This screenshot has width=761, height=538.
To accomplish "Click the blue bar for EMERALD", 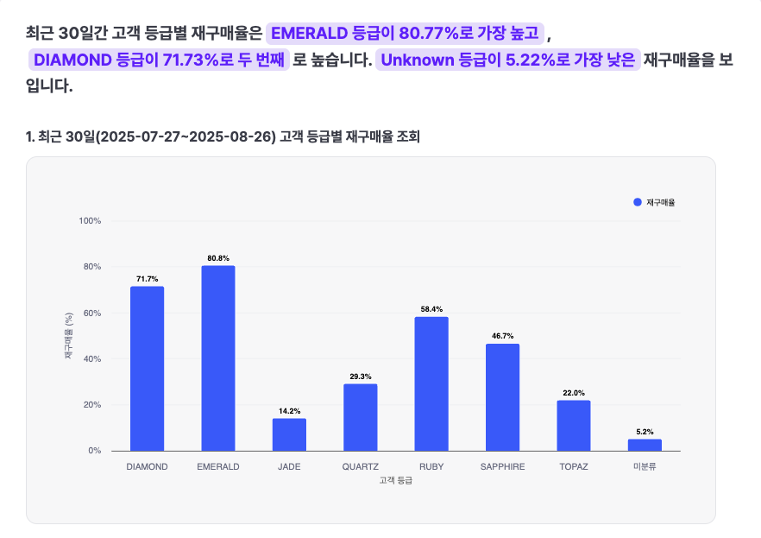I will coord(218,358).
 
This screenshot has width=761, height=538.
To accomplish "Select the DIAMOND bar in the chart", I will coord(147,368).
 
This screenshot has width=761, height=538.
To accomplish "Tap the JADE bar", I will coord(289,434).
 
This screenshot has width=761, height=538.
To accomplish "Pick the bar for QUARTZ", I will coord(360,417).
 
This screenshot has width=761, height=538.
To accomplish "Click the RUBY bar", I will coord(431,383).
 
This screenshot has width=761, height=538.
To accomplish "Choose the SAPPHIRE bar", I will coord(502,397).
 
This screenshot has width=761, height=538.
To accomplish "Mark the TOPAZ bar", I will coord(573,425).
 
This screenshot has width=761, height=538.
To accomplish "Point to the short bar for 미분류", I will coord(645,445).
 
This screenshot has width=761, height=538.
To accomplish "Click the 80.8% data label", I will coord(218,258).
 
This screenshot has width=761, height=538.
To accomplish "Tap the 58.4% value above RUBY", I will coord(431,309).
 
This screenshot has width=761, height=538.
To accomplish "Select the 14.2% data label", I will coord(289,411).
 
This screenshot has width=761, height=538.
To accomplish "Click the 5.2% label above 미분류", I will coord(645,432).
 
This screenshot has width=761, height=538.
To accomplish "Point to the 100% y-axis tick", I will coord(91,221).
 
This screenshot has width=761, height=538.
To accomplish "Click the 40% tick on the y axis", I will coord(93,359).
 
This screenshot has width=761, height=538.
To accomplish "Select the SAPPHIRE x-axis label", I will coord(502,466).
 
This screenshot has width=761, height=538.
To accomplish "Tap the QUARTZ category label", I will coord(360,466).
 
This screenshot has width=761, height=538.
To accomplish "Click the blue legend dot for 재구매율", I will coord(638,202).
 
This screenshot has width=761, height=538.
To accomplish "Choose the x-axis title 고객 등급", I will coord(395,480).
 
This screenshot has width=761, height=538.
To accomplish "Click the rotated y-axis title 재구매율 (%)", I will coord(69,336).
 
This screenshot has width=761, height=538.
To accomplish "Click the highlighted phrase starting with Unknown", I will coord(507,60).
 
